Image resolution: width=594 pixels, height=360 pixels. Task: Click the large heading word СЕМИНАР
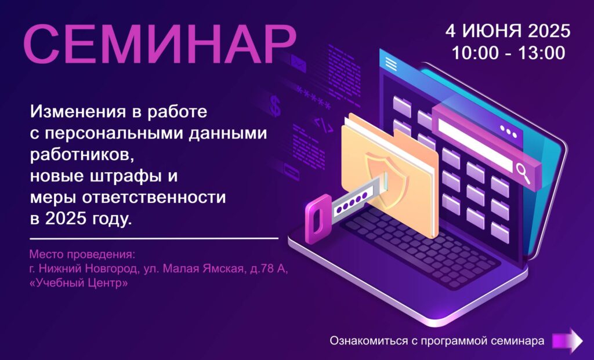click(x=160, y=44)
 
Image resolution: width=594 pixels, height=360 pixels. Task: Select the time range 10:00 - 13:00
click(x=508, y=53)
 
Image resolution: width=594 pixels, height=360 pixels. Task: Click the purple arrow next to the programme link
click(x=567, y=340)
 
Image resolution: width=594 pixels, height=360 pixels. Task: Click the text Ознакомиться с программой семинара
click(x=437, y=341)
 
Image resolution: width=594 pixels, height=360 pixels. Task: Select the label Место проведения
click(x=82, y=254)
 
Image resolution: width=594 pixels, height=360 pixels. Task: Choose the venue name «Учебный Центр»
click(x=78, y=283)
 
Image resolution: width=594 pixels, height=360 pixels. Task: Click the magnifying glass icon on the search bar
click(x=523, y=173)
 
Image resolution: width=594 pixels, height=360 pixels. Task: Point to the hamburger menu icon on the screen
click(x=391, y=64)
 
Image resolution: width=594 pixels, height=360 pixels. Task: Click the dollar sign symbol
click(x=275, y=106)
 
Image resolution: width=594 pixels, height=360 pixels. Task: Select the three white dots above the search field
click(x=508, y=131)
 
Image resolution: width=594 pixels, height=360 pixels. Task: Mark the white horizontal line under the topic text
click(x=154, y=238)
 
